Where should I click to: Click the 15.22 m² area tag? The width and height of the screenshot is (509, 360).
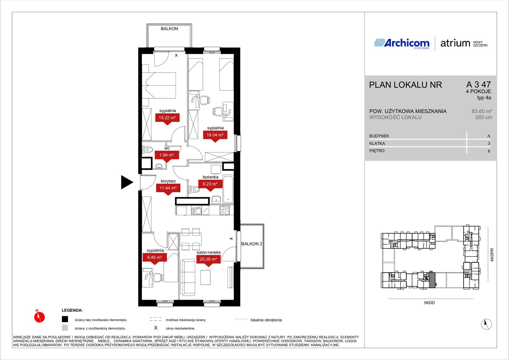[167, 118]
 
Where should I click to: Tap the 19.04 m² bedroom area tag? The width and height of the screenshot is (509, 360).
[215, 135]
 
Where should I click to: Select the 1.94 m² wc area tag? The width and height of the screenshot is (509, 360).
[167, 155]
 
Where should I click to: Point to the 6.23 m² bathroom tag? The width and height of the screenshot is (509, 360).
[210, 184]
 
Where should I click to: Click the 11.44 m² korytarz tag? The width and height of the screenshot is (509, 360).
[168, 188]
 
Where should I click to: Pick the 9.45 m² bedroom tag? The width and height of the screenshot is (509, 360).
[155, 258]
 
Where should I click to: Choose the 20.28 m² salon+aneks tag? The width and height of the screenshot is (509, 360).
[208, 259]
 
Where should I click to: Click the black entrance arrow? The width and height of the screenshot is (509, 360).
[127, 182]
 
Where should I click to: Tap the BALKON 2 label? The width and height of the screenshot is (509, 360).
[252, 244]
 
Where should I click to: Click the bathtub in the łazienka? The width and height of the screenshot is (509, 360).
[228, 189]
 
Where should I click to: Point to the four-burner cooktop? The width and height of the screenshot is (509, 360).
[225, 210]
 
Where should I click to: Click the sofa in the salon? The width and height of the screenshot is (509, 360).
[188, 278]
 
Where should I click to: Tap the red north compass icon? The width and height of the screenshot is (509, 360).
[39, 316]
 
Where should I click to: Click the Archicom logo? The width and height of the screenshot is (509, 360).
[402, 43]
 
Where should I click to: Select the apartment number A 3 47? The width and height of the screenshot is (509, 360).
[478, 85]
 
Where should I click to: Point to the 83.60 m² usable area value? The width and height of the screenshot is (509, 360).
[482, 111]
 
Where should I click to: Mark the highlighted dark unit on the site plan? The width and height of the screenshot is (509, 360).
[432, 280]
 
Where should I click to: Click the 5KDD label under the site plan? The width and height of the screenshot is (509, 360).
[429, 303]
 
